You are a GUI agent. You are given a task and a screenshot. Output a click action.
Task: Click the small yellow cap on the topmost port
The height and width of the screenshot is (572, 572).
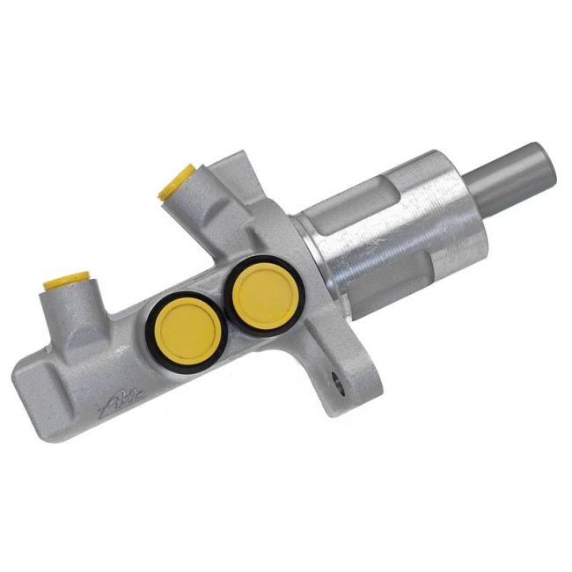(175, 180)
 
